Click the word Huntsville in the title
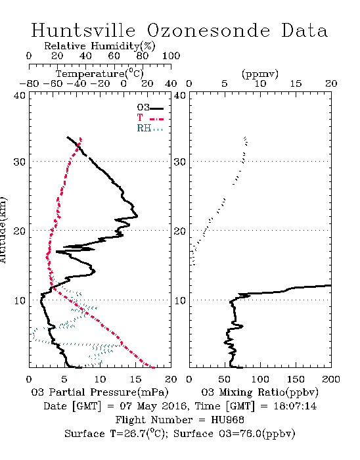[x=83, y=30]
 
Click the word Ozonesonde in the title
[x=208, y=30]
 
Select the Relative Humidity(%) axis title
[x=99, y=46]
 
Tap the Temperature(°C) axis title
[x=99, y=74]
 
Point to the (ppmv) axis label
[x=259, y=74]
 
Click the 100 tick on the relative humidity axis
[x=171, y=56]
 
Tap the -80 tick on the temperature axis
[x=29, y=83]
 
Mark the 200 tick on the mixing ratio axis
[x=331, y=379]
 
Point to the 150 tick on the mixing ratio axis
[x=296, y=379]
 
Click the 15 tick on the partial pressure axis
[x=135, y=379]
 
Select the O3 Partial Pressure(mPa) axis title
[x=100, y=392]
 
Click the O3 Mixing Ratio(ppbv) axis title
[x=259, y=392]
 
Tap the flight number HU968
[x=227, y=419]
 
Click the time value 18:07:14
[x=295, y=406]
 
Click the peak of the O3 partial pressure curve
[x=137, y=216]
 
